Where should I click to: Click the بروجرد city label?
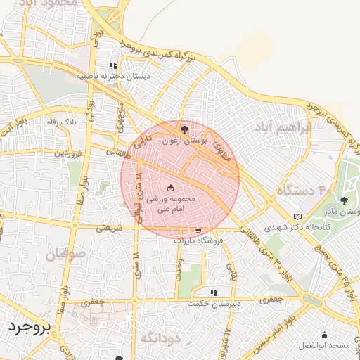[x=28, y=328]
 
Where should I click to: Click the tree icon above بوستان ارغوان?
[x=184, y=129]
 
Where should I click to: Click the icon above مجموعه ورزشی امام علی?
[x=170, y=188]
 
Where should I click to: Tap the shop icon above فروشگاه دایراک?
[x=198, y=230]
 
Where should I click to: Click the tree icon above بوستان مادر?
[x=344, y=200]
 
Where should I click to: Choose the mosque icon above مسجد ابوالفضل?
[x=324, y=335]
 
